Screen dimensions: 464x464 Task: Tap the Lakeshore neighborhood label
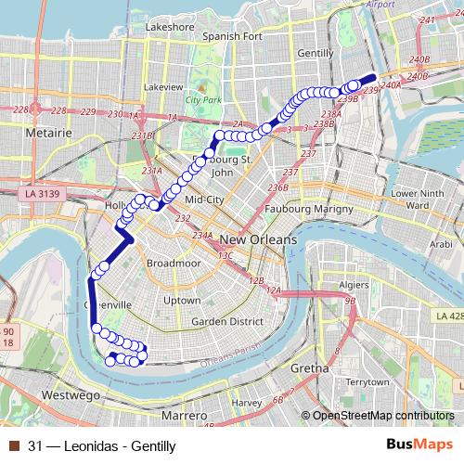pos(170,27)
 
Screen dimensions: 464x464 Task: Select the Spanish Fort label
pos(234,36)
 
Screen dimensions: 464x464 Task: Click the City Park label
pos(203,98)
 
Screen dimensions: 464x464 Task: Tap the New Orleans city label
pos(259,239)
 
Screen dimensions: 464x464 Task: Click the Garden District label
pos(222,321)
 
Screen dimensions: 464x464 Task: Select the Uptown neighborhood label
pos(181,301)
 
